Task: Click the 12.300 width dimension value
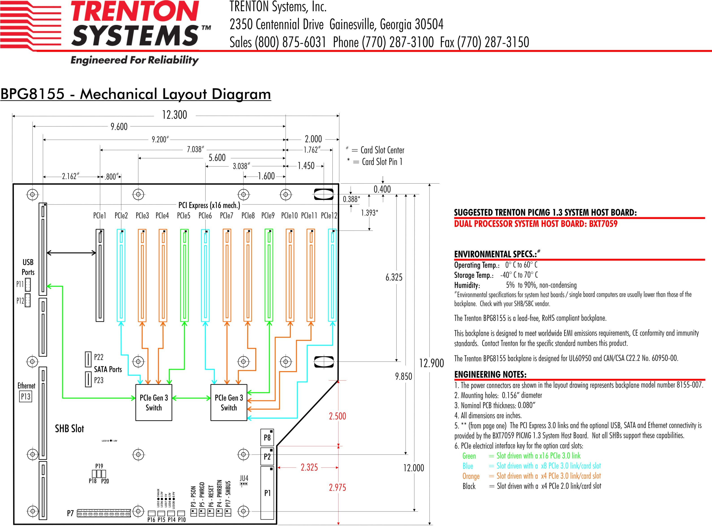175,115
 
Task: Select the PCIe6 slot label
205,216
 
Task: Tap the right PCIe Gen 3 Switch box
229,402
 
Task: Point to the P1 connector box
267,493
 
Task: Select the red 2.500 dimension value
337,416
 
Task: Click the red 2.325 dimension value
309,467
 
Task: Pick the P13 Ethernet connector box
26,397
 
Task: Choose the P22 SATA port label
99,357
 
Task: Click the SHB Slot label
69,429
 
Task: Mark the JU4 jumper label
244,478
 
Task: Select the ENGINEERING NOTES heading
490,375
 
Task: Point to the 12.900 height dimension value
432,363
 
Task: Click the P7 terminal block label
70,513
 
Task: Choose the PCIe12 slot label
329,216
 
